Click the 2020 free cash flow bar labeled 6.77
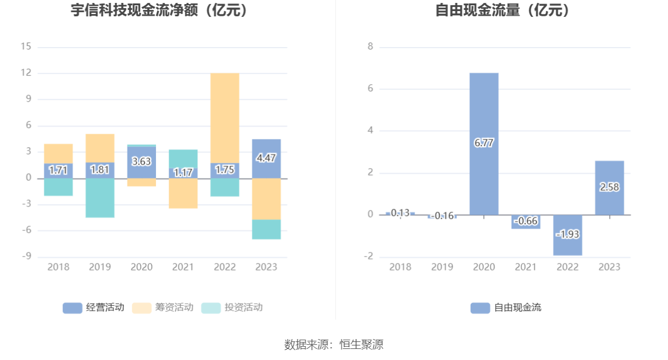(x=484, y=116)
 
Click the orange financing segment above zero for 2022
(x=225, y=116)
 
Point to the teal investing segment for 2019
(x=100, y=198)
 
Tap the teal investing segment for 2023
(x=267, y=229)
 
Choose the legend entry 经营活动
(x=93, y=308)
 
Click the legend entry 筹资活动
(x=162, y=308)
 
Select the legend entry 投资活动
(x=232, y=308)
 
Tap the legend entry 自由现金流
(x=506, y=308)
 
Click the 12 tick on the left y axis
(x=26, y=73)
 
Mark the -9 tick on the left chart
(x=26, y=257)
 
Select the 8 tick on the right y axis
(x=370, y=47)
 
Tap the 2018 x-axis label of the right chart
(x=400, y=267)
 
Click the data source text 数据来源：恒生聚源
(x=334, y=344)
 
